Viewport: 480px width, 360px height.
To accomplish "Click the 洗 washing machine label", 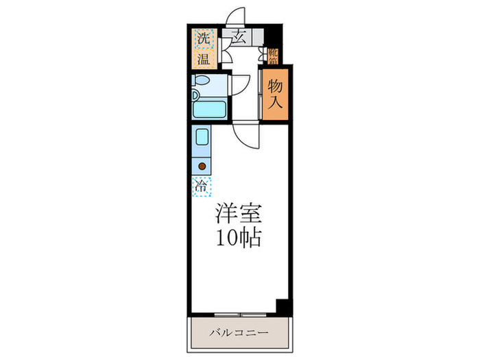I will pyautogui.click(x=203, y=39).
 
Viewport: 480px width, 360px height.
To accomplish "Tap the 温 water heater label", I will pyautogui.click(x=203, y=58).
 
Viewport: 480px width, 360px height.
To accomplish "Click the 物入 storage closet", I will pyautogui.click(x=275, y=94).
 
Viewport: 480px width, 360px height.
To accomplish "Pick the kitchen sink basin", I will pyautogui.click(x=202, y=137).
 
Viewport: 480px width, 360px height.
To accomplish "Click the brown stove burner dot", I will pyautogui.click(x=202, y=165).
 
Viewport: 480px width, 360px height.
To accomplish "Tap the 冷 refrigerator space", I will pyautogui.click(x=202, y=184).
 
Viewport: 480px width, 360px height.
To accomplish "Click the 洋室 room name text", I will pyautogui.click(x=239, y=213).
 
